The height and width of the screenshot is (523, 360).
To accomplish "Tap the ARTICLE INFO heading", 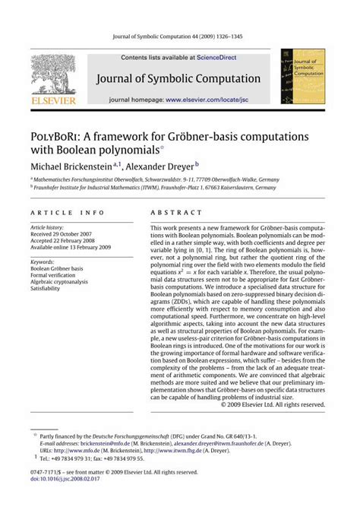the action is click(x=58, y=214).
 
